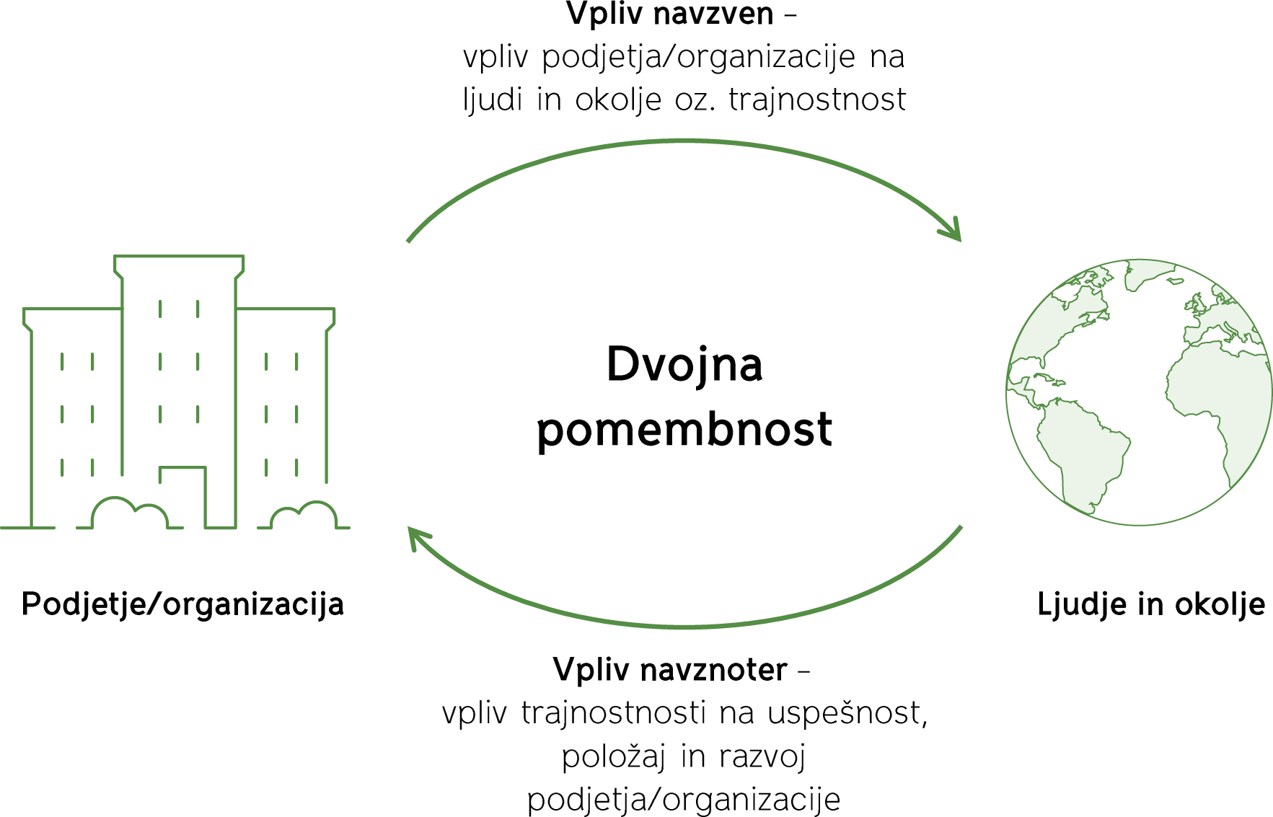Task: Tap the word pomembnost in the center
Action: [684, 429]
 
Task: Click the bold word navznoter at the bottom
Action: [714, 670]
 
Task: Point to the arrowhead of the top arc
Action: [953, 230]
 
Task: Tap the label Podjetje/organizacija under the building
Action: [182, 604]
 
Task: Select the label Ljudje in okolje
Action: [1151, 604]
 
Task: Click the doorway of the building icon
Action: [183, 498]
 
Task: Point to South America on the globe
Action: [1080, 451]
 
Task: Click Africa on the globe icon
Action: [1219, 404]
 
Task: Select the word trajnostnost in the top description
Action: [817, 100]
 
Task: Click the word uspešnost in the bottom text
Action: [847, 713]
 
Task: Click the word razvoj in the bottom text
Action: [762, 756]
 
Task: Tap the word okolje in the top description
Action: [618, 100]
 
